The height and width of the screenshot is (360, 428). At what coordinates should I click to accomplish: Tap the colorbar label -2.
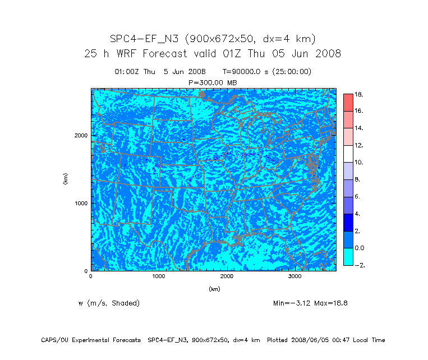tap(360, 265)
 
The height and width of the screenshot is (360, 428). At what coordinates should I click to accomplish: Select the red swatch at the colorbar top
tap(348, 102)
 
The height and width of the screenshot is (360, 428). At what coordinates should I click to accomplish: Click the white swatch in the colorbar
tap(348, 154)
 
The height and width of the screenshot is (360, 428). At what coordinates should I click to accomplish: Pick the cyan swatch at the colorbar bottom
tap(348, 256)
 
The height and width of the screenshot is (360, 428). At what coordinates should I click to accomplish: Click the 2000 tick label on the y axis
tap(81, 135)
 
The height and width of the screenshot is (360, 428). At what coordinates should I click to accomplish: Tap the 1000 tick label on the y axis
tap(81, 203)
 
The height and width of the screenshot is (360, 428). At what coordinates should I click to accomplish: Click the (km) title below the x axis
tap(214, 289)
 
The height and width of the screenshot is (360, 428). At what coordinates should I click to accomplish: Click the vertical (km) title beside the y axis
tap(66, 179)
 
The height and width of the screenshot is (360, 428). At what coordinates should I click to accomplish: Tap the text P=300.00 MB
tap(213, 82)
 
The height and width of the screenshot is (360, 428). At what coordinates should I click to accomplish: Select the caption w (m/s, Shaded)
tap(109, 303)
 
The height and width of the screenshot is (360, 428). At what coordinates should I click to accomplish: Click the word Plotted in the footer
tap(280, 340)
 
